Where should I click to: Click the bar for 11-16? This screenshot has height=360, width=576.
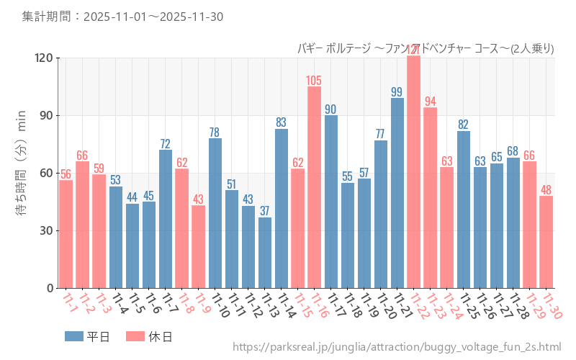click(x=314, y=187)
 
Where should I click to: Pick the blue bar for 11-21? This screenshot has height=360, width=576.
click(x=397, y=193)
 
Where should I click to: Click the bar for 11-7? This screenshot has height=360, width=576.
click(x=166, y=219)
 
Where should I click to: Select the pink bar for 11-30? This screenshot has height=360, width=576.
click(x=546, y=242)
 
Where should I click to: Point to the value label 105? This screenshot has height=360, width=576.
click(x=314, y=81)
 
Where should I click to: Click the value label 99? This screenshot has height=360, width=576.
click(x=397, y=92)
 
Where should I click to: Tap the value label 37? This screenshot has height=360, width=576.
click(x=265, y=211)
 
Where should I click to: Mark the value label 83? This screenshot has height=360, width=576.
click(x=282, y=122)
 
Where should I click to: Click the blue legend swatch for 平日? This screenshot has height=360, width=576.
click(x=74, y=336)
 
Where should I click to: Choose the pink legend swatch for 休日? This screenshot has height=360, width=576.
click(x=135, y=336)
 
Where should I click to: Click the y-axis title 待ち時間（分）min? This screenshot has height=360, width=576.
click(x=21, y=173)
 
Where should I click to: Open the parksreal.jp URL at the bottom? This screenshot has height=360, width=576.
click(x=397, y=348)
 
